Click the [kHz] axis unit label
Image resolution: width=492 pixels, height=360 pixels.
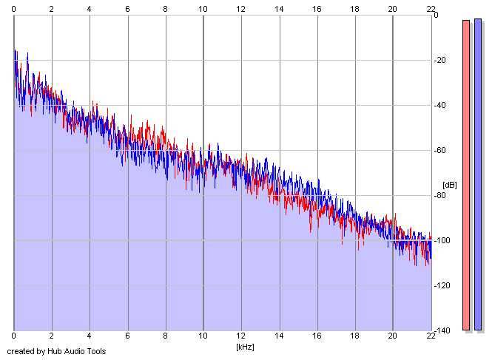click(245, 347)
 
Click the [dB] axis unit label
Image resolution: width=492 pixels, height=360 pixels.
click(449, 185)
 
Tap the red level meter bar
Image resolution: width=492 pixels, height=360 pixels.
click(466, 175)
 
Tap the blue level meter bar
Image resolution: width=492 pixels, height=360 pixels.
click(478, 174)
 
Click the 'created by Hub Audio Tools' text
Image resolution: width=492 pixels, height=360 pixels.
click(56, 351)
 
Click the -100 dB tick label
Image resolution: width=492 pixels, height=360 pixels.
click(442, 240)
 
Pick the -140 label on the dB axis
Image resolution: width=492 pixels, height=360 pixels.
click(442, 330)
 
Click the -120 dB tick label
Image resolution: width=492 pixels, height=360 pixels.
click(442, 285)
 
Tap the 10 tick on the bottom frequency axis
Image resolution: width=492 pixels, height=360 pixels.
click(203, 336)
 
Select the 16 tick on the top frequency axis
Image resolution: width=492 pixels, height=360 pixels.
click(317, 9)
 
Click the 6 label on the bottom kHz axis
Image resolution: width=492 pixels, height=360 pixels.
click(127, 336)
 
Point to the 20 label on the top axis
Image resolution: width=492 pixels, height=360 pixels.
click(393, 9)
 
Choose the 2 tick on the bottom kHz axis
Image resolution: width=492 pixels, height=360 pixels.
click(52, 336)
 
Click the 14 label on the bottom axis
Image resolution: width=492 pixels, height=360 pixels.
click(279, 336)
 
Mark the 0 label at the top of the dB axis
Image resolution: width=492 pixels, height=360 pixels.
click(436, 15)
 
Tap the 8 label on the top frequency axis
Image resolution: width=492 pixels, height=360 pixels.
click(166, 9)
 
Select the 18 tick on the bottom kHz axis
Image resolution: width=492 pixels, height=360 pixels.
click(354, 336)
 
